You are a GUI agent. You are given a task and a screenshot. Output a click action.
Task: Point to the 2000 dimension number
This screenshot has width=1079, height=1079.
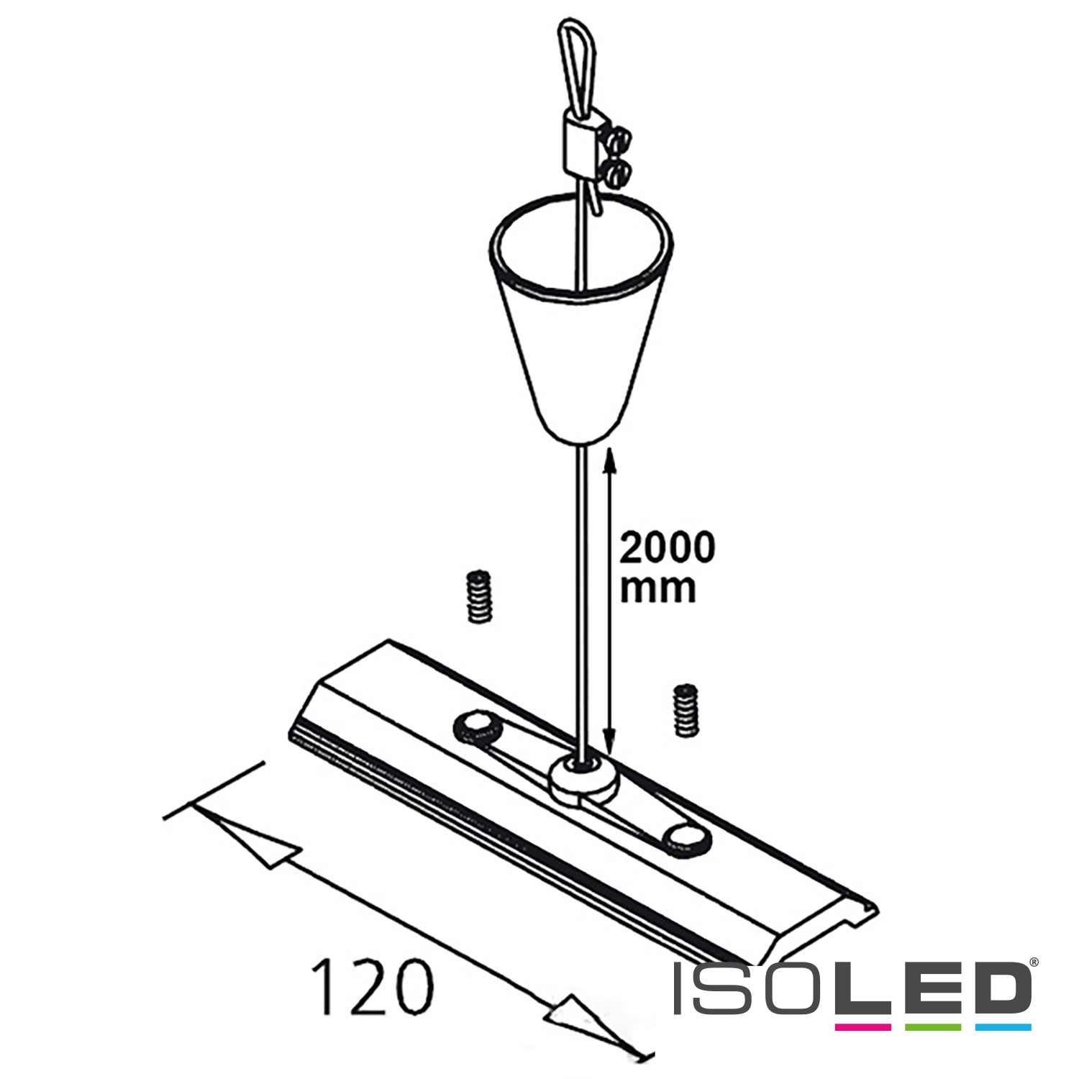click(x=668, y=548)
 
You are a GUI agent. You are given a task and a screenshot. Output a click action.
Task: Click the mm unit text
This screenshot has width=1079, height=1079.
click(x=657, y=588)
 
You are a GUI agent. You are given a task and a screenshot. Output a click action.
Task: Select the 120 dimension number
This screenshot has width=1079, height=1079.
click(x=373, y=987)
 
